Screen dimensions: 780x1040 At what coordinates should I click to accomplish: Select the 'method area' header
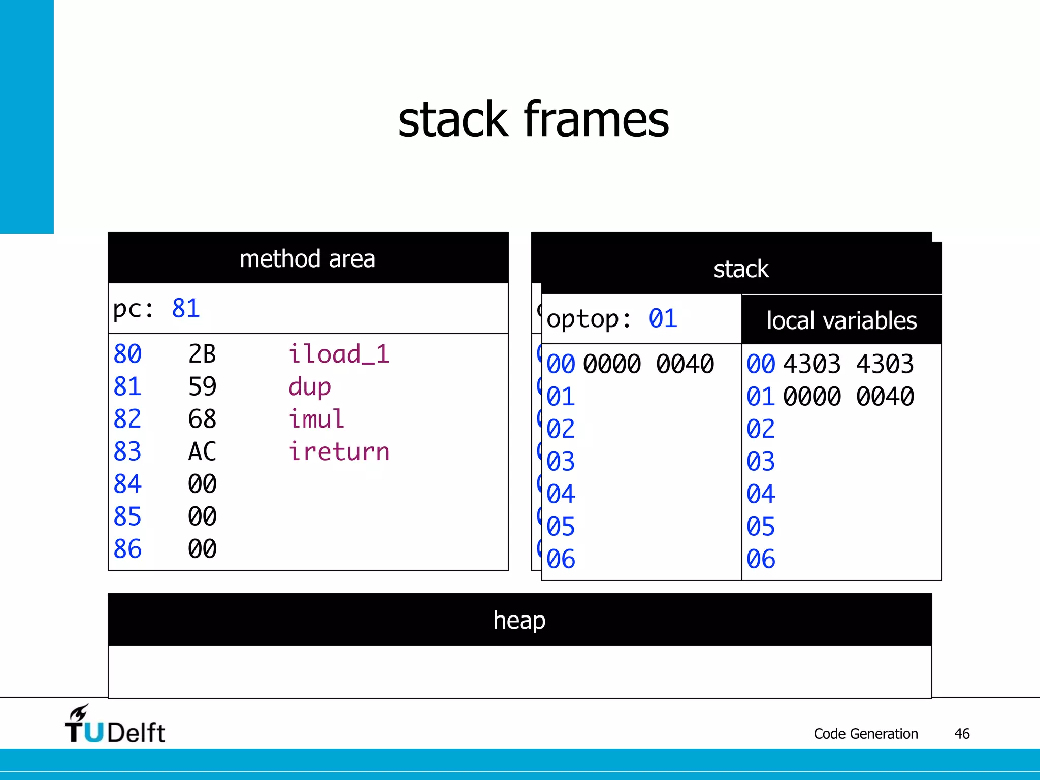(307, 259)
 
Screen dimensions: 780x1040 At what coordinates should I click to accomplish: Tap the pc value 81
(186, 308)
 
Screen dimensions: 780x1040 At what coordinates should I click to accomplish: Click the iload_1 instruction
(339, 354)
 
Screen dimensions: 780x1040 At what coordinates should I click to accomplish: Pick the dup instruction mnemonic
(309, 387)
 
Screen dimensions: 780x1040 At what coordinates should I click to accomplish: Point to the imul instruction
(316, 419)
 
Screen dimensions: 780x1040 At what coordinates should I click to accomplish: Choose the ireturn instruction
(339, 452)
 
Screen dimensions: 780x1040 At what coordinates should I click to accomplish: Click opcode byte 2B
(202, 354)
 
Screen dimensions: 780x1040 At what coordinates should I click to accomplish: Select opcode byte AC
(202, 452)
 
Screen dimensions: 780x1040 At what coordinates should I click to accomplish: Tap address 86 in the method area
(127, 549)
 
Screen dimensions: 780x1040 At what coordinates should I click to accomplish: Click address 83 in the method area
(127, 452)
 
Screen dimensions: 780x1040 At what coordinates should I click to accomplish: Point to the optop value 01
(663, 319)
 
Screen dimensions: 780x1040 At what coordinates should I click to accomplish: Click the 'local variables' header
(841, 320)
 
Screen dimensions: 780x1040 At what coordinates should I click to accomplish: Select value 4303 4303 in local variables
(848, 364)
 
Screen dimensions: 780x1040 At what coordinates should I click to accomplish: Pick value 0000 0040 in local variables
(848, 397)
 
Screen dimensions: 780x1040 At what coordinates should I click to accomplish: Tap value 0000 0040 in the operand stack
(648, 364)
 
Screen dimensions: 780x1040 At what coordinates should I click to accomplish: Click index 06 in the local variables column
(760, 559)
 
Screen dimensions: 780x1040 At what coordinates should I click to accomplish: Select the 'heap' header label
(519, 620)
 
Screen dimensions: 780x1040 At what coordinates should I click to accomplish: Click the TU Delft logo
(115, 725)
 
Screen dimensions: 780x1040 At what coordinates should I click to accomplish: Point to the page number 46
(962, 734)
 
